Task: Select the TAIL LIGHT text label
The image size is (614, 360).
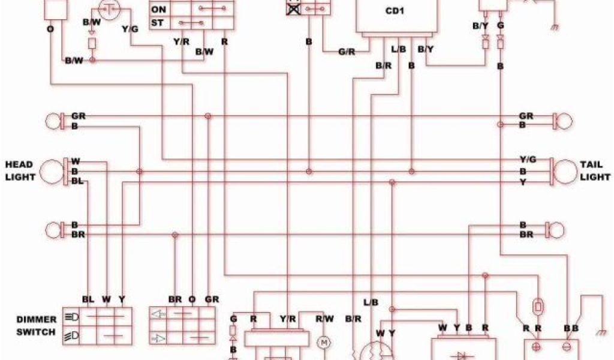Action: point(595,170)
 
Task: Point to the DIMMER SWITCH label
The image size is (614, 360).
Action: point(37,326)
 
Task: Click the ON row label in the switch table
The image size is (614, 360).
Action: point(159,10)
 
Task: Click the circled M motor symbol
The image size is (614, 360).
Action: point(324,342)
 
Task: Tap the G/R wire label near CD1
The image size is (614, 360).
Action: point(347,52)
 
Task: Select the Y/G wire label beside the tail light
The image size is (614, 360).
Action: point(527,159)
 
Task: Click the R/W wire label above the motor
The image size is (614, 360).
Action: point(325,319)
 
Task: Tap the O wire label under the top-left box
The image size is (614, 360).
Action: point(50,28)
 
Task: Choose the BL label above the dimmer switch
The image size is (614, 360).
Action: point(88,299)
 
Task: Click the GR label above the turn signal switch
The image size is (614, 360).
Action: point(212,299)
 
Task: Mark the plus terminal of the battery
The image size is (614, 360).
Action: point(537,347)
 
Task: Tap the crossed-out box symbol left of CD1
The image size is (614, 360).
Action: point(293,8)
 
